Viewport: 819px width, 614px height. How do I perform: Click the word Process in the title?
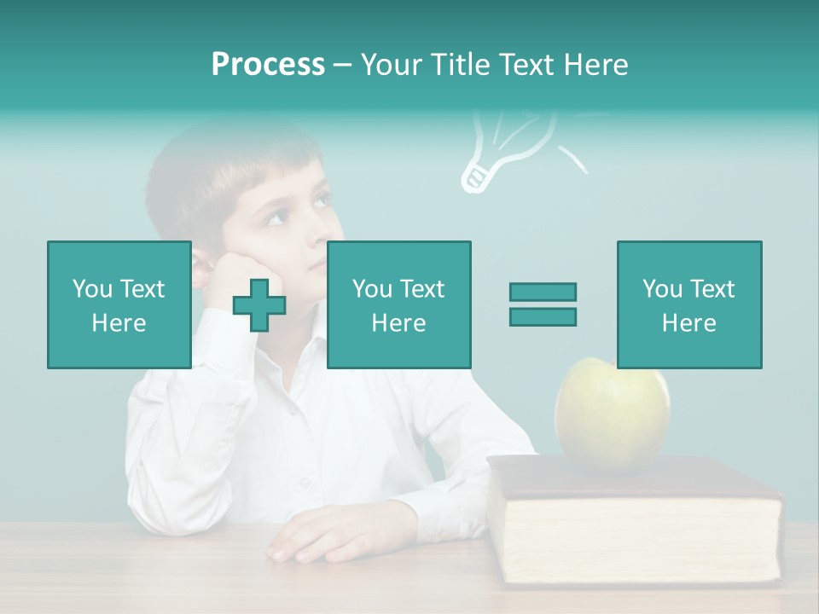(268, 65)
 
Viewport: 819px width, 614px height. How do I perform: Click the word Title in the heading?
(458, 65)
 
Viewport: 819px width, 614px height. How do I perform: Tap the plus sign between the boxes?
(259, 304)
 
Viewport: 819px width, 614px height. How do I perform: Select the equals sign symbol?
(543, 304)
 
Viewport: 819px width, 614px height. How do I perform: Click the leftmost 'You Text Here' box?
(119, 304)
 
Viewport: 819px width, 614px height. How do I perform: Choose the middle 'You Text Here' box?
(398, 304)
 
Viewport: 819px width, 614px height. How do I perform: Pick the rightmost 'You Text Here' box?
(688, 304)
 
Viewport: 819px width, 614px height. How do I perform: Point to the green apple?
(612, 414)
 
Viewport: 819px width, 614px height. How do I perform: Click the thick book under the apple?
(636, 520)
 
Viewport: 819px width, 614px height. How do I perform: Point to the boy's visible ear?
(201, 264)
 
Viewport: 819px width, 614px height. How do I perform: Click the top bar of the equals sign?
(543, 292)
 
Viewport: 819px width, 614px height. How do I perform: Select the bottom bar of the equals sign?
(543, 317)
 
